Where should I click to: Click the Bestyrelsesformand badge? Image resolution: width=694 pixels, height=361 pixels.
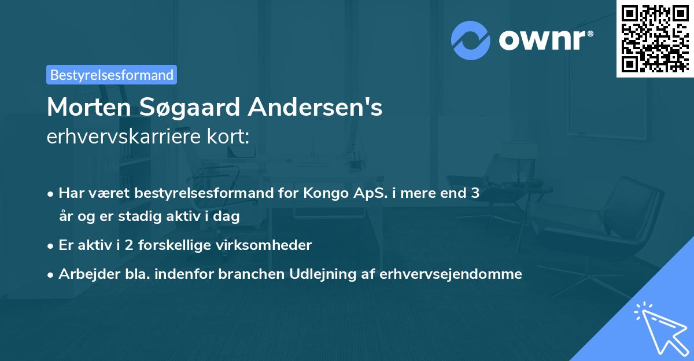click(112, 75)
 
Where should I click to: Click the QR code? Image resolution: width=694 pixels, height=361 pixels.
click(654, 38)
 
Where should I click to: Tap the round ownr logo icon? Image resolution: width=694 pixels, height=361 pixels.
click(470, 40)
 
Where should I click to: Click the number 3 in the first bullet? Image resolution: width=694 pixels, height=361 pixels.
click(475, 193)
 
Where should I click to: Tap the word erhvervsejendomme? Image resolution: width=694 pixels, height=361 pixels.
click(451, 274)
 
